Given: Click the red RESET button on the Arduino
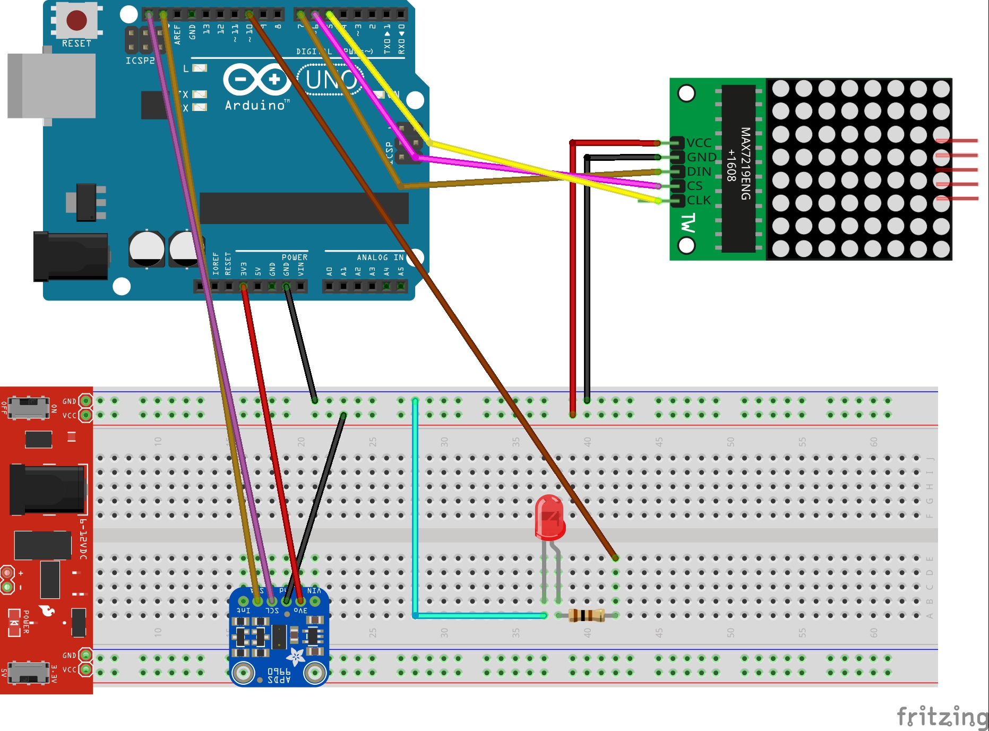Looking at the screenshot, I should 76,20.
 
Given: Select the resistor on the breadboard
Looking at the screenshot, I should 587,615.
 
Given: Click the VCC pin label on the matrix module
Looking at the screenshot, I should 699,143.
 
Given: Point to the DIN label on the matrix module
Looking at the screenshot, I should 699,171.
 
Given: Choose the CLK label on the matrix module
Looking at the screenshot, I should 699,200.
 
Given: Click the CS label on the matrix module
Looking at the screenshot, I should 694,186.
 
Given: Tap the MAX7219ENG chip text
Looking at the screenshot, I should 745,164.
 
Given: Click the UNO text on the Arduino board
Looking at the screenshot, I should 331,80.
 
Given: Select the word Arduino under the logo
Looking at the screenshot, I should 255,105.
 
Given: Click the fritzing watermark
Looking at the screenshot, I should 942,717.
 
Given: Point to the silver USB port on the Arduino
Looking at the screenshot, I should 52,85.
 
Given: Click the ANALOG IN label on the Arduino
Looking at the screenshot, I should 380,257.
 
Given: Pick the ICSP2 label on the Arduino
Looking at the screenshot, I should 140,61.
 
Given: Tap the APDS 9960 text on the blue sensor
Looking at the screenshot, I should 279,675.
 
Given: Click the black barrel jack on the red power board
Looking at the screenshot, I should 47,489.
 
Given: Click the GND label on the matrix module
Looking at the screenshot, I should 701,157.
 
